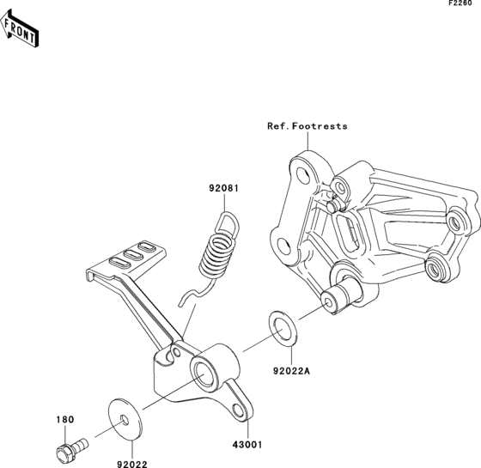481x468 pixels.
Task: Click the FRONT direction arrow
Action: (19, 28)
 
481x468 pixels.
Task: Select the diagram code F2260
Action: (460, 3)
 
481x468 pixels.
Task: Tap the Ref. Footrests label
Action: (307, 126)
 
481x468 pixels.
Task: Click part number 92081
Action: (224, 188)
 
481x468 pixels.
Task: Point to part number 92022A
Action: (292, 371)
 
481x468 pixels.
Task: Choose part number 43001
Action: (247, 445)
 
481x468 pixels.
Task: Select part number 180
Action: (65, 419)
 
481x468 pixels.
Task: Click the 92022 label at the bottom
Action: (132, 465)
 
